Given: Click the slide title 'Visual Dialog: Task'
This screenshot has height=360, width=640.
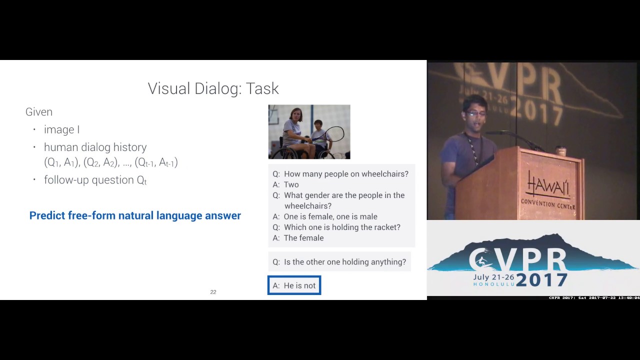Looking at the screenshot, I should point(213,88).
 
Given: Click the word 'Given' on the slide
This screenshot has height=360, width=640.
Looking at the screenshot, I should point(39,112).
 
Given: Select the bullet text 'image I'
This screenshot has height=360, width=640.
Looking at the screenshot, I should point(61,130).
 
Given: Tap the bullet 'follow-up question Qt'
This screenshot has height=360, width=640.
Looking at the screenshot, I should point(95,180).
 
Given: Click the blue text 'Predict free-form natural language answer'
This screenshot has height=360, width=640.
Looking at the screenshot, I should point(135,215).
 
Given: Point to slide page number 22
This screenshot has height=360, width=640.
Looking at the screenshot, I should point(213,292).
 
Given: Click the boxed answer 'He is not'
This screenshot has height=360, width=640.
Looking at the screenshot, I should point(294,285).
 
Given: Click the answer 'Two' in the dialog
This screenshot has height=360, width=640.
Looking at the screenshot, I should point(291,184).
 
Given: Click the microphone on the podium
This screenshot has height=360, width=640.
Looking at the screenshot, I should point(500,133).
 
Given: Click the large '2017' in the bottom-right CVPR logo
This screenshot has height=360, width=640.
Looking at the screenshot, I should point(541,279).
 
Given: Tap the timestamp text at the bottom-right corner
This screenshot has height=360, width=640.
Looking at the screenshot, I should point(594,298).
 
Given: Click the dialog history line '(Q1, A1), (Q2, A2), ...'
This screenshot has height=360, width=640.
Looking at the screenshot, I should point(111,162).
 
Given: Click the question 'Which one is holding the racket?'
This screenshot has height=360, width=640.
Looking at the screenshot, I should point(342,227).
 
